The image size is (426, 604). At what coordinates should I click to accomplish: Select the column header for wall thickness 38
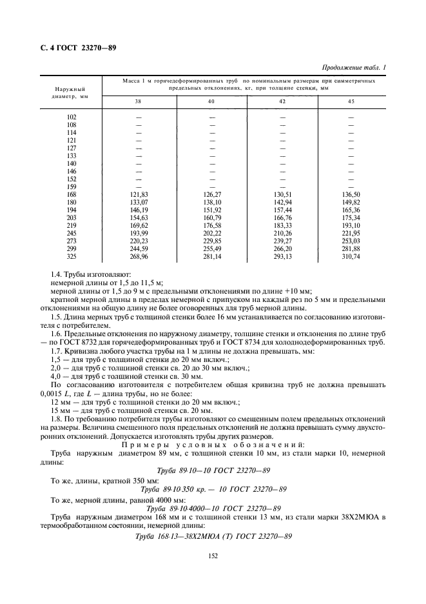(x=139, y=102)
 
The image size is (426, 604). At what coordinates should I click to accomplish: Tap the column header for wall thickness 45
(x=351, y=102)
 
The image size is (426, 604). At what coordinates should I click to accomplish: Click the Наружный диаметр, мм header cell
(x=71, y=90)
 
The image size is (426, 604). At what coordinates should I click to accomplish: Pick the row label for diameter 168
(x=72, y=194)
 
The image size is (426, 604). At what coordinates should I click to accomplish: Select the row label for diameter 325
(x=72, y=256)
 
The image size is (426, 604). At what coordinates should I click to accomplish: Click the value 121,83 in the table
(x=139, y=194)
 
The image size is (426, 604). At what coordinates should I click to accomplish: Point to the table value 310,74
(x=351, y=256)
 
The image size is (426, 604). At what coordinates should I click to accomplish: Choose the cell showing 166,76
(x=282, y=217)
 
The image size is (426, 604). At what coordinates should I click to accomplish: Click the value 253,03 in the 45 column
(x=351, y=240)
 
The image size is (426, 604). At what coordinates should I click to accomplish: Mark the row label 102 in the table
(x=72, y=117)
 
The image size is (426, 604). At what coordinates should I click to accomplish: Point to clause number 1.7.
(x=57, y=350)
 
